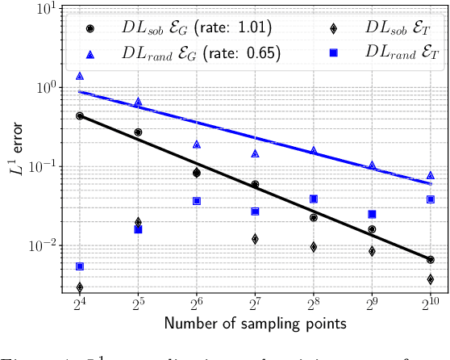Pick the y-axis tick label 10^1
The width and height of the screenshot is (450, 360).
coord(45,9)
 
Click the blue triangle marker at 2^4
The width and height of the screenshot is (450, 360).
coord(80,76)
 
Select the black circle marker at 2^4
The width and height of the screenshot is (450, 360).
coord(80,115)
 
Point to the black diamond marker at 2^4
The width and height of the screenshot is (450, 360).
coord(80,287)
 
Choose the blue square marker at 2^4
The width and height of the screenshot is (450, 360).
coord(80,266)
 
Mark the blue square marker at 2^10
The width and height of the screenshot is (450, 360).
coord(431,199)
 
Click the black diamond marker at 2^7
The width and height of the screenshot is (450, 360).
coord(255,239)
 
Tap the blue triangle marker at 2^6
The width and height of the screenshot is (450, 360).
coord(197,144)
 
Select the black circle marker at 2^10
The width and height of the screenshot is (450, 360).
coord(431,260)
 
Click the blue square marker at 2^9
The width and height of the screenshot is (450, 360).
coord(372,214)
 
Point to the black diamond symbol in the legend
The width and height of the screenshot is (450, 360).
coord(333,27)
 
